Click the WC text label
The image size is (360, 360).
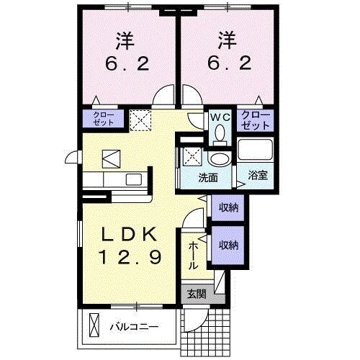[219, 115]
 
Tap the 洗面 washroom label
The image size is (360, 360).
[209, 176]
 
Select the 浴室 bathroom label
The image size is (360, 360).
[256, 175]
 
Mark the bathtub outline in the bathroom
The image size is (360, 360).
[256, 151]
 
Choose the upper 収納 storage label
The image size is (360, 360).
[228, 207]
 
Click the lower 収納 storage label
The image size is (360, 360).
[228, 245]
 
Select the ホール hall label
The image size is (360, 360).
[193, 255]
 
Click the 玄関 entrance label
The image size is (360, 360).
[196, 294]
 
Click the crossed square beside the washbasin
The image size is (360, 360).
[192, 155]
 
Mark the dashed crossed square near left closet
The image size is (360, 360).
[140, 118]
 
